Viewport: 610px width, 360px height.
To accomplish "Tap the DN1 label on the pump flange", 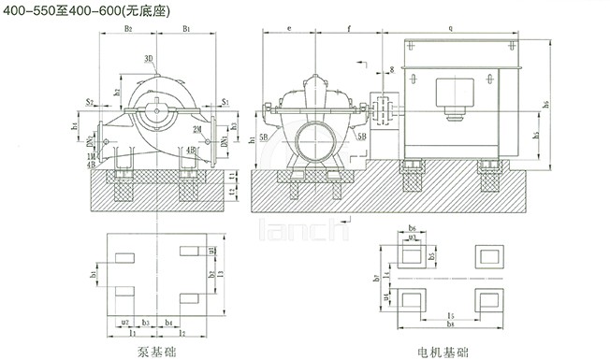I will tap(225, 143).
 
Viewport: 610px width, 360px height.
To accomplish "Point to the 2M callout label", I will tap(197, 127).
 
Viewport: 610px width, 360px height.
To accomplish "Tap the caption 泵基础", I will tap(155, 353).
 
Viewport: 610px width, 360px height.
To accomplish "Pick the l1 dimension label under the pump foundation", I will tap(134, 332).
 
